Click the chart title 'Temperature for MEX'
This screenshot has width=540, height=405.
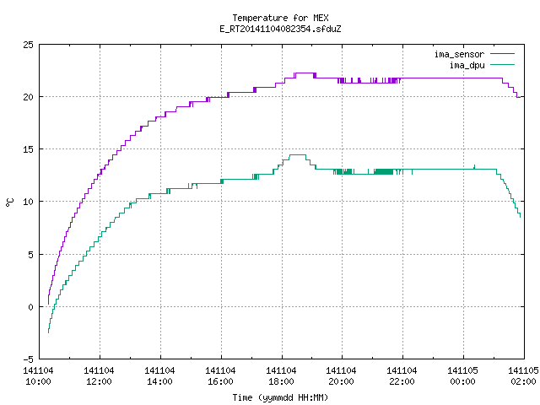pos(280,18)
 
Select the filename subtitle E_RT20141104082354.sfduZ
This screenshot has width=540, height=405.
pos(280,29)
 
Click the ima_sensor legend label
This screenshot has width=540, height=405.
pos(459,54)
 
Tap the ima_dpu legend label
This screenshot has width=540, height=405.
pos(467,65)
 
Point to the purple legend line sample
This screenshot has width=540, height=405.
pos(503,54)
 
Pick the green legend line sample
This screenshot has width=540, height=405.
pos(503,65)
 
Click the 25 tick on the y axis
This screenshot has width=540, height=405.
pos(28,45)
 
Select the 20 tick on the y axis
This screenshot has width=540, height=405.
pos(28,97)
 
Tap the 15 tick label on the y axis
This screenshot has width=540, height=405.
pos(28,149)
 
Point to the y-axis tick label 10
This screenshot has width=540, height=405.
pos(28,202)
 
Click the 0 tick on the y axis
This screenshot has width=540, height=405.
pos(30,307)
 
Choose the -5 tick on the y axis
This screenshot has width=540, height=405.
pos(28,359)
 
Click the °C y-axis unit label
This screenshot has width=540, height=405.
pos(10,202)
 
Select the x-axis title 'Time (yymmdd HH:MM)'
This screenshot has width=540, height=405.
pos(280,397)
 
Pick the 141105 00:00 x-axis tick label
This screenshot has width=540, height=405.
pos(462,376)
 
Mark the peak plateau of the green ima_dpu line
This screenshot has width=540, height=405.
pos(298,155)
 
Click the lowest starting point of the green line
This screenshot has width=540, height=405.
pos(48,332)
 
